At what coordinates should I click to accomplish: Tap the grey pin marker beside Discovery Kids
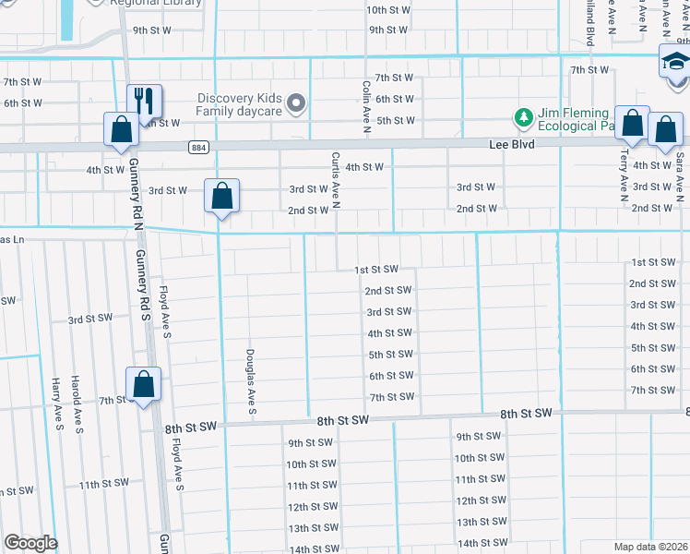pos(296,103)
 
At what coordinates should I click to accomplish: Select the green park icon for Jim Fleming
pos(524,117)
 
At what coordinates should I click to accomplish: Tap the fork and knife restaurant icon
pos(144,100)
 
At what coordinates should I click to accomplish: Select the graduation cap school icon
pos(675,61)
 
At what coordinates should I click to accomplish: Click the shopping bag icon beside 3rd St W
pos(221,196)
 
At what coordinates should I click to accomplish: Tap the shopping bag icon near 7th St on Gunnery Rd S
pos(144,382)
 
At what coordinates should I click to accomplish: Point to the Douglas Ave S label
pos(249,379)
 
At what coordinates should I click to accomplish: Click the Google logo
pos(30,542)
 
